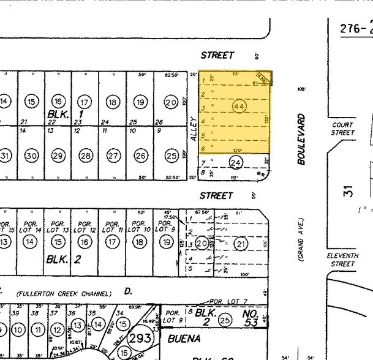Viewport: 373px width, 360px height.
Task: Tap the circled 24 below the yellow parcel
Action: (235, 162)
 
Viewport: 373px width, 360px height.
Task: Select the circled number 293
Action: (141, 336)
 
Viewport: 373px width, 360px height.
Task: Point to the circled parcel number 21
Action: (241, 244)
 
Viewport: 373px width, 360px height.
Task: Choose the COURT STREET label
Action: (343, 129)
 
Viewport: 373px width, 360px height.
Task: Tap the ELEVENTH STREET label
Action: (341, 260)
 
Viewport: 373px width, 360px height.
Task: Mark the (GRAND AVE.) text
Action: (301, 239)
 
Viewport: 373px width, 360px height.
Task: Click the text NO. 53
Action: (252, 318)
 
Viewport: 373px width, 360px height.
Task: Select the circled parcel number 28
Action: (86, 156)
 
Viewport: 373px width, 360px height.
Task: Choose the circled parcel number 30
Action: (32, 156)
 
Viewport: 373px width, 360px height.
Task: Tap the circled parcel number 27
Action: (113, 156)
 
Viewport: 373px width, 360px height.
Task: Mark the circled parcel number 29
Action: (59, 156)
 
